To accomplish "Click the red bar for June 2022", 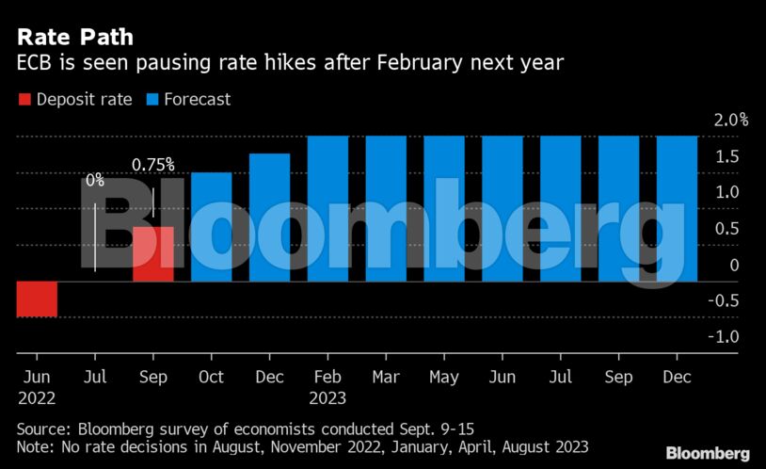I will [x=37, y=299].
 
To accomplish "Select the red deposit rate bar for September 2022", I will [x=152, y=254].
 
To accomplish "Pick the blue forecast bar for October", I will [x=211, y=227].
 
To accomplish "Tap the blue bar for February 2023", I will [x=327, y=208].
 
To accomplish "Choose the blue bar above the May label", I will [x=444, y=208].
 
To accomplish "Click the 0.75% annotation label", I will [x=152, y=165].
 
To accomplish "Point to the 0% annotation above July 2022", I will [x=95, y=180].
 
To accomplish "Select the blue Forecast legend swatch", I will [x=151, y=99].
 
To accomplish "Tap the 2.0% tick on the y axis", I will [x=730, y=120].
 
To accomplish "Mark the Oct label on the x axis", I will [x=211, y=377].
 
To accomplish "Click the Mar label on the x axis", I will [x=386, y=377].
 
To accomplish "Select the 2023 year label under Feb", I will [x=327, y=398].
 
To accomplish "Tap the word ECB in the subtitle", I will [x=36, y=65].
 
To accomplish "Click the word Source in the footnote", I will [x=45, y=429].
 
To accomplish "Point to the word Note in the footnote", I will [x=37, y=446].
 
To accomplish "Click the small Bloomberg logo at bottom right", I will [x=708, y=453].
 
